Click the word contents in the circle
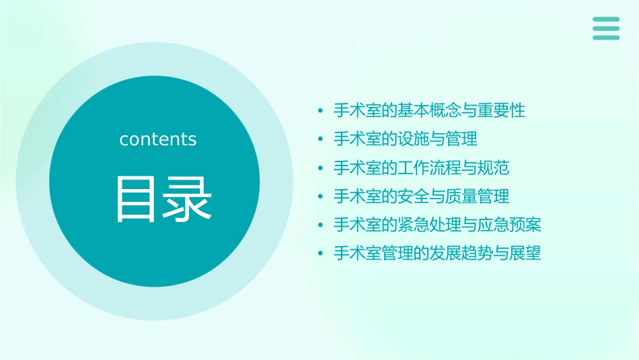pyautogui.click(x=158, y=139)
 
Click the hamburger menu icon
pyautogui.click(x=606, y=28)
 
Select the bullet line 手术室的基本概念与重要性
pyautogui.click(x=429, y=110)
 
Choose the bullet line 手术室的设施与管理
pyautogui.click(x=406, y=139)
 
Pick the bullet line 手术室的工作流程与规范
pyautogui.click(x=421, y=168)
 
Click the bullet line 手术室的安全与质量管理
pyautogui.click(x=421, y=196)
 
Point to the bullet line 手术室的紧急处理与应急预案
pyautogui.click(x=437, y=225)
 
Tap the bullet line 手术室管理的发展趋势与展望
pyautogui.click(x=437, y=254)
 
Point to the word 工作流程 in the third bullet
pyautogui.click(x=437, y=168)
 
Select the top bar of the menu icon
pyautogui.click(x=606, y=20)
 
